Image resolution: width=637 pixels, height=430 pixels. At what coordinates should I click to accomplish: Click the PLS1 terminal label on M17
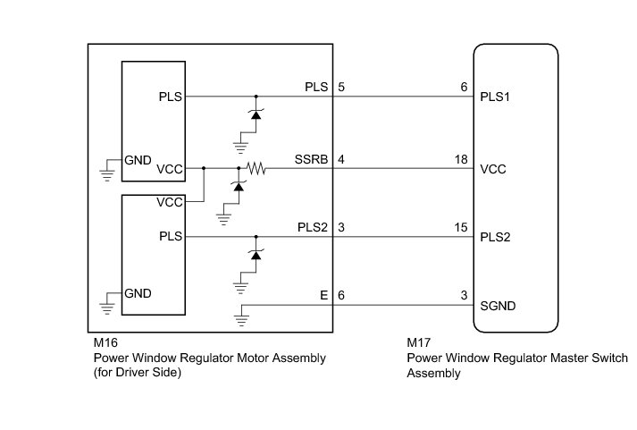coord(496,96)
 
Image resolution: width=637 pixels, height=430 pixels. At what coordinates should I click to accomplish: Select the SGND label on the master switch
coord(499,307)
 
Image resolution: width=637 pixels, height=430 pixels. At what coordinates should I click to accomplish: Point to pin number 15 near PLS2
coord(462,229)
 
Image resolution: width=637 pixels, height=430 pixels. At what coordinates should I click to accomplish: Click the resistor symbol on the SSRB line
coord(258,167)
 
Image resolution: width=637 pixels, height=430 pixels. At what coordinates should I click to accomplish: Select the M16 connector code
coord(105,342)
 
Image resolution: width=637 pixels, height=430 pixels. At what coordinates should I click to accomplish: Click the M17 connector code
coord(419,342)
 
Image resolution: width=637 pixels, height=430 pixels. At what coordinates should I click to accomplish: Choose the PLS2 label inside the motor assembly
coord(314,229)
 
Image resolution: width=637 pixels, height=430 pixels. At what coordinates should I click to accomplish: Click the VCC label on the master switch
coord(494,167)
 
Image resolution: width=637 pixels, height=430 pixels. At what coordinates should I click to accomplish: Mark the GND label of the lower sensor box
coord(138,293)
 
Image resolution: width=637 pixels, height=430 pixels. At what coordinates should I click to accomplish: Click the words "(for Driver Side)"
coord(138,374)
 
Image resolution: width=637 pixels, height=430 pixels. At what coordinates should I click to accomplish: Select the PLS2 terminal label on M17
coord(496,237)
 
